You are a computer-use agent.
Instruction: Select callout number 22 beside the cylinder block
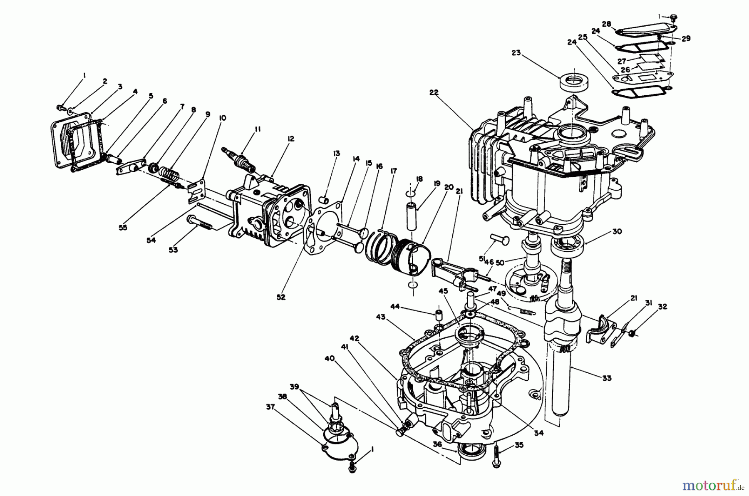[x=434, y=93]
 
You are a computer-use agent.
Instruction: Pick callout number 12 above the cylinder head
[x=290, y=139]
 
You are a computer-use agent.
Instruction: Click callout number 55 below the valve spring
[x=123, y=228]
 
